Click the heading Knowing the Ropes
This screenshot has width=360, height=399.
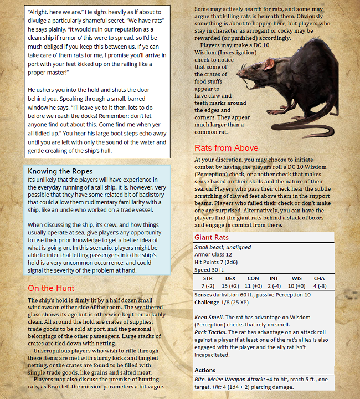60,171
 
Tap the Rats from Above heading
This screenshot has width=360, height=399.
226,147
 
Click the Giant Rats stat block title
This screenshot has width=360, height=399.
212,238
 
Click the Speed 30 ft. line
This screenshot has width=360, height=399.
210,270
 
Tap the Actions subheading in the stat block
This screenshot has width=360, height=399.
205,370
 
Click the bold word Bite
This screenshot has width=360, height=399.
201,379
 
